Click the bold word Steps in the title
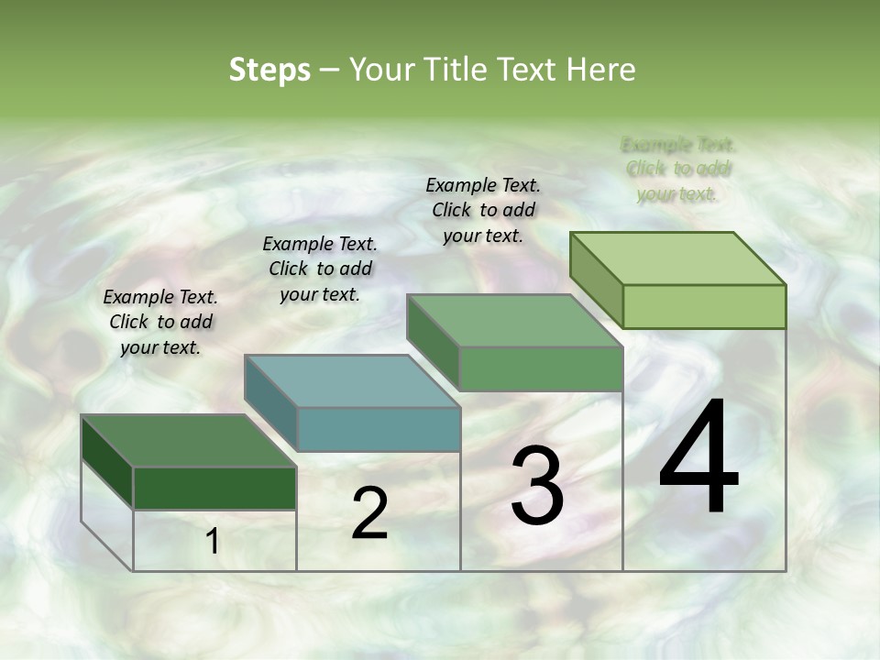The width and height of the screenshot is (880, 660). [x=269, y=70]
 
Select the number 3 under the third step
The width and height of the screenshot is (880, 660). [x=537, y=486]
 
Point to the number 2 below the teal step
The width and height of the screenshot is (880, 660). [x=369, y=513]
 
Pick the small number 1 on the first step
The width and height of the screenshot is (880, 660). [x=213, y=542]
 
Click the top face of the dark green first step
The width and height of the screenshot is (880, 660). [x=189, y=441]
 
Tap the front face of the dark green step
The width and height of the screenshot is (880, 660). [x=214, y=488]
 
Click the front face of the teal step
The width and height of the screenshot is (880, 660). [x=379, y=429]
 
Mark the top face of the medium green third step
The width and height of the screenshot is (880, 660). [x=514, y=321]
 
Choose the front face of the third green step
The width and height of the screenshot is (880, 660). [x=541, y=368]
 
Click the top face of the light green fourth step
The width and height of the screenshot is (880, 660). [x=678, y=258]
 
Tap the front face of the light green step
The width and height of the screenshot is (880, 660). [x=704, y=306]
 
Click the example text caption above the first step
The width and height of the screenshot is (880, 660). [x=160, y=323]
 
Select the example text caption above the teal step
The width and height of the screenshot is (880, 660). [x=320, y=269]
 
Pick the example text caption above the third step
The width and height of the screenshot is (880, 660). [x=483, y=210]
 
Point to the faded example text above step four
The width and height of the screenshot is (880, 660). [x=678, y=169]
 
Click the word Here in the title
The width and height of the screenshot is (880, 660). [x=601, y=70]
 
